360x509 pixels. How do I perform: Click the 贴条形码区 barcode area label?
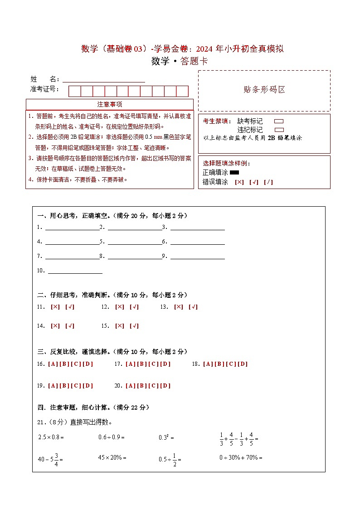(x=264, y=90)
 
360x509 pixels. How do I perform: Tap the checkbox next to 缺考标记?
(x=279, y=121)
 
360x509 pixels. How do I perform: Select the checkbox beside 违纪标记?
(x=279, y=130)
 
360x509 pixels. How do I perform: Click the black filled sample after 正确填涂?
(x=234, y=173)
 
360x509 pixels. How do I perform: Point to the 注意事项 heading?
(x=110, y=105)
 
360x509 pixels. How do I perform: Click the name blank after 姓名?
(x=104, y=79)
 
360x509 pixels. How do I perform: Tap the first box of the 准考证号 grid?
(x=74, y=91)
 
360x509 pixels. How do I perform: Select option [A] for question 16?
(x=52, y=364)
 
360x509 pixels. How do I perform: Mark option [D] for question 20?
(x=165, y=386)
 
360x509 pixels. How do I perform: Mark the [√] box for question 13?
(x=193, y=307)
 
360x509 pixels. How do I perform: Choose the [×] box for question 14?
(x=55, y=326)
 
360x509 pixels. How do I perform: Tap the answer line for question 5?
(x=135, y=241)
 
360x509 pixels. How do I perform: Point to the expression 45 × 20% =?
(x=112, y=458)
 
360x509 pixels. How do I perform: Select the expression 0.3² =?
(x=166, y=437)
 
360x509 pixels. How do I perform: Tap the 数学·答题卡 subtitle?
(x=180, y=62)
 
